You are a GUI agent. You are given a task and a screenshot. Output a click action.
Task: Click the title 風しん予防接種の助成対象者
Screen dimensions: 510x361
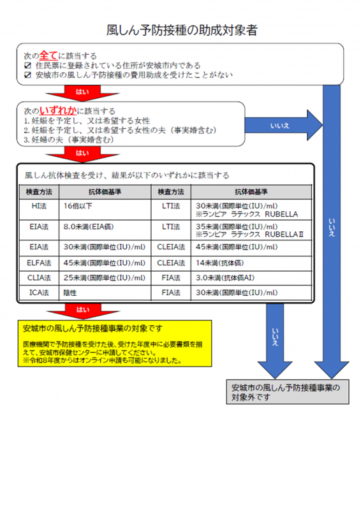(181, 30)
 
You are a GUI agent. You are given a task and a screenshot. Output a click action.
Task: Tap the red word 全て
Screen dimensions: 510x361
(48, 56)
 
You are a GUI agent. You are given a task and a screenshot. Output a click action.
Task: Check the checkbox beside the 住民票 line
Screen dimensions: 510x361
(27, 66)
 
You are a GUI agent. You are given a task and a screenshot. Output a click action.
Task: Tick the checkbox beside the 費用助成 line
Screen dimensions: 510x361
(27, 75)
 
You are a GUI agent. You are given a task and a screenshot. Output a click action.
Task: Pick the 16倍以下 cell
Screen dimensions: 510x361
(78, 207)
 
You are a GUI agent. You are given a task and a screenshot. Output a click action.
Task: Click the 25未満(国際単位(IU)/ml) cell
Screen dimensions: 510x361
(105, 277)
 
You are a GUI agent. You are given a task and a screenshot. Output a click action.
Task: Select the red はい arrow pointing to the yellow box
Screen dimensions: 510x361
(83, 310)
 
